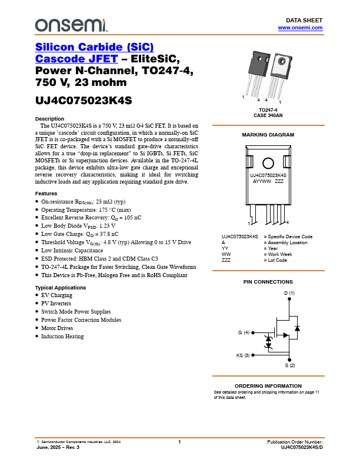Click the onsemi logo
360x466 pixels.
click(71, 25)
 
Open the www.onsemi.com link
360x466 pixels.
click(300, 28)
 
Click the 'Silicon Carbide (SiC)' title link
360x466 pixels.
click(95, 47)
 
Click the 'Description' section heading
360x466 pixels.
click(50, 119)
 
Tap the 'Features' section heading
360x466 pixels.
click(46, 194)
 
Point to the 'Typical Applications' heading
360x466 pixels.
click(61, 287)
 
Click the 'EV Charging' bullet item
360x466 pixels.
click(56, 295)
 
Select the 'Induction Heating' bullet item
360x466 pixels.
click(62, 337)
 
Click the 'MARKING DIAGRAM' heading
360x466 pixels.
click(268, 135)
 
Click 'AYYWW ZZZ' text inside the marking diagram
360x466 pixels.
click(268, 182)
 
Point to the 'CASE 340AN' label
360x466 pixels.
click(268, 115)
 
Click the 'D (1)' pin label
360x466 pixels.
click(289, 293)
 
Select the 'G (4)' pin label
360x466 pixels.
click(244, 333)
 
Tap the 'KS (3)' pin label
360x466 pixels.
click(243, 355)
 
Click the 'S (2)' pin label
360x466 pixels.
click(290, 366)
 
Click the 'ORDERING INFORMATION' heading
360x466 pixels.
click(268, 385)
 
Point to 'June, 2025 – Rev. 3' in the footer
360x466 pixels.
click(58, 448)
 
